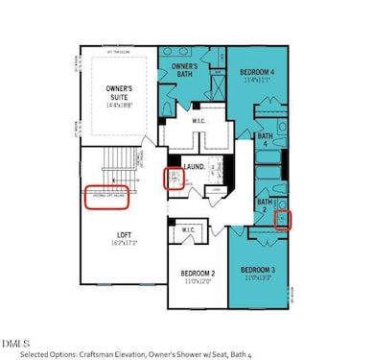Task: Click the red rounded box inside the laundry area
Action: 174,180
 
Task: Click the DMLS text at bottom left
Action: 15,340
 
